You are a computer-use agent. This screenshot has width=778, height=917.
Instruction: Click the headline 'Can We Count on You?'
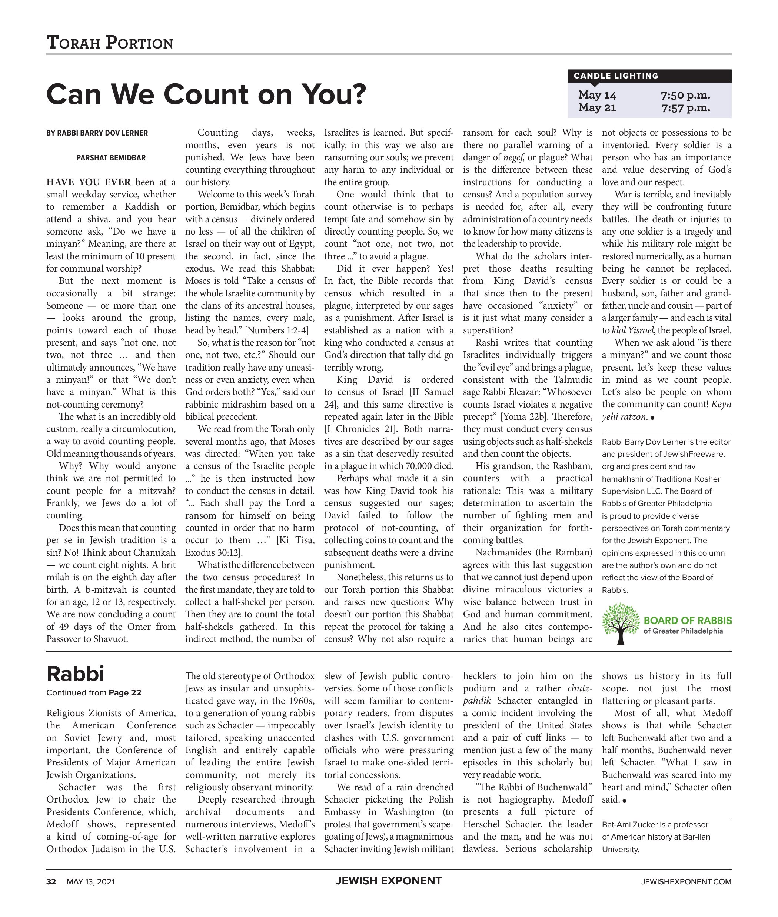206,94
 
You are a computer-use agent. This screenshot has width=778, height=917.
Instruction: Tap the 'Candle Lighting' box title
616,76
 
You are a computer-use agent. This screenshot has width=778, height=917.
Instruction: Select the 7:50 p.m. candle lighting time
685,95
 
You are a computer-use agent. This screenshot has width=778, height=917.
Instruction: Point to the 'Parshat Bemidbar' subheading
111,158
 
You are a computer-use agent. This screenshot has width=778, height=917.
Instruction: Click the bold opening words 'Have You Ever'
89,183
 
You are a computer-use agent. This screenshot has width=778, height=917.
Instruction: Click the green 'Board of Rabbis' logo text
687,621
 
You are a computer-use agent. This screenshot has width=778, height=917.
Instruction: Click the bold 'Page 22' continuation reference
125,692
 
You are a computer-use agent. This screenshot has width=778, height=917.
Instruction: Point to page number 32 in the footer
51,882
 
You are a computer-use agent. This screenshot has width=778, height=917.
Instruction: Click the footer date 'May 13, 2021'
90,882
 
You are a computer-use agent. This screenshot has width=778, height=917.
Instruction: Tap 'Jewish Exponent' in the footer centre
389,881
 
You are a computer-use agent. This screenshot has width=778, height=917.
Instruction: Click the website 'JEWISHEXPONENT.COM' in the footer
686,882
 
